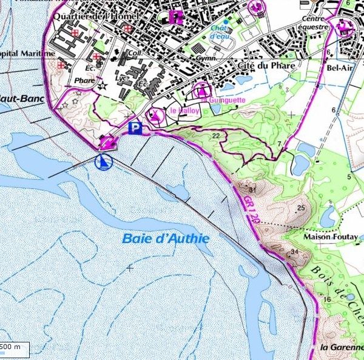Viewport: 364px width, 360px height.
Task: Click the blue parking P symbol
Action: [136, 128]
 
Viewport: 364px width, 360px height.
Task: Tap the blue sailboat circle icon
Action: [104, 162]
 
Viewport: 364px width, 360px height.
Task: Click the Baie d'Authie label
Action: [166, 238]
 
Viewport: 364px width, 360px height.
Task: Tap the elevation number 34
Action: [295, 252]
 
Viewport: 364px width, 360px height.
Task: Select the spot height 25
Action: [300, 208]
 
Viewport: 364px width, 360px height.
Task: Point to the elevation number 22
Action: [215, 136]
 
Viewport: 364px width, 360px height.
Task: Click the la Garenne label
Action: [341, 347]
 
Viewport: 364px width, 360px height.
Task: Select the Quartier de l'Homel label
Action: [99, 16]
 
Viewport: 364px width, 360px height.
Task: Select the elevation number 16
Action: [327, 300]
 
